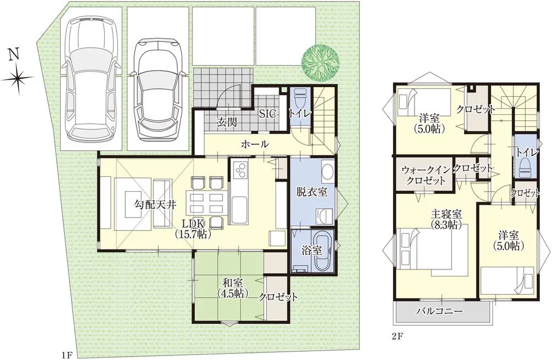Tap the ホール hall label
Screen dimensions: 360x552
coord(254,144)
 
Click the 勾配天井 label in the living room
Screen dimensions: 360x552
coord(156,204)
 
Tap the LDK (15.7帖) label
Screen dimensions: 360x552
coord(192,227)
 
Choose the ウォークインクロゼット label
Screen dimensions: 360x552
coord(423,174)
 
